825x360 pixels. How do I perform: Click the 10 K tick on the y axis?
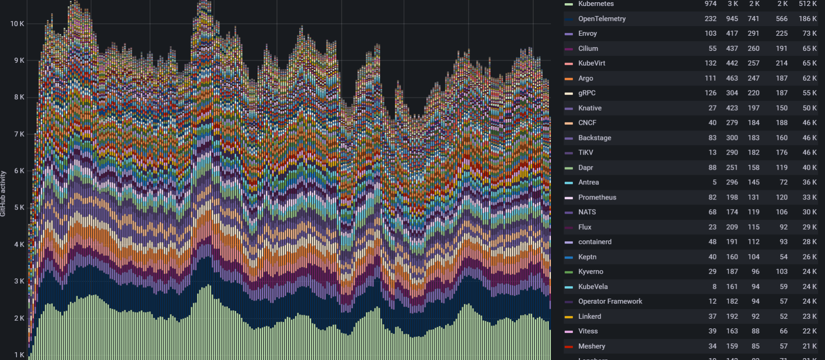tap(17, 24)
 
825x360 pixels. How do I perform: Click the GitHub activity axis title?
tap(3, 194)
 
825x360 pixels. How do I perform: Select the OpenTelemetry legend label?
tap(602, 19)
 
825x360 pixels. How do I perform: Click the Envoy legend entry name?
tap(588, 33)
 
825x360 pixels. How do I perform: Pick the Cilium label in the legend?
tap(588, 49)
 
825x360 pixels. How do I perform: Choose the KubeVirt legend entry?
tap(592, 63)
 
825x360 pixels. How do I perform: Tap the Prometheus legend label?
tap(597, 197)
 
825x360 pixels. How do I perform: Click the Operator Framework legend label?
tap(610, 301)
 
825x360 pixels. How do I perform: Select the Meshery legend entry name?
tap(592, 346)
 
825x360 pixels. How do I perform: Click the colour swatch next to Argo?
tap(569, 79)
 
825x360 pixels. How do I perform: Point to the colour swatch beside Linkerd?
tap(569, 317)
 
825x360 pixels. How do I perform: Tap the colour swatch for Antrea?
tap(569, 183)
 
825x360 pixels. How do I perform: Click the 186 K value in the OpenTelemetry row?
tap(808, 19)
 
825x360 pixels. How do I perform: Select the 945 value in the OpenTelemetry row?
tap(732, 19)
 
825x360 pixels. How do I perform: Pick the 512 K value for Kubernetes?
tap(808, 4)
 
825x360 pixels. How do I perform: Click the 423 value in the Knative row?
tap(732, 108)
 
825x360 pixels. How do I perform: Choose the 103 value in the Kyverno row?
tap(781, 271)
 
